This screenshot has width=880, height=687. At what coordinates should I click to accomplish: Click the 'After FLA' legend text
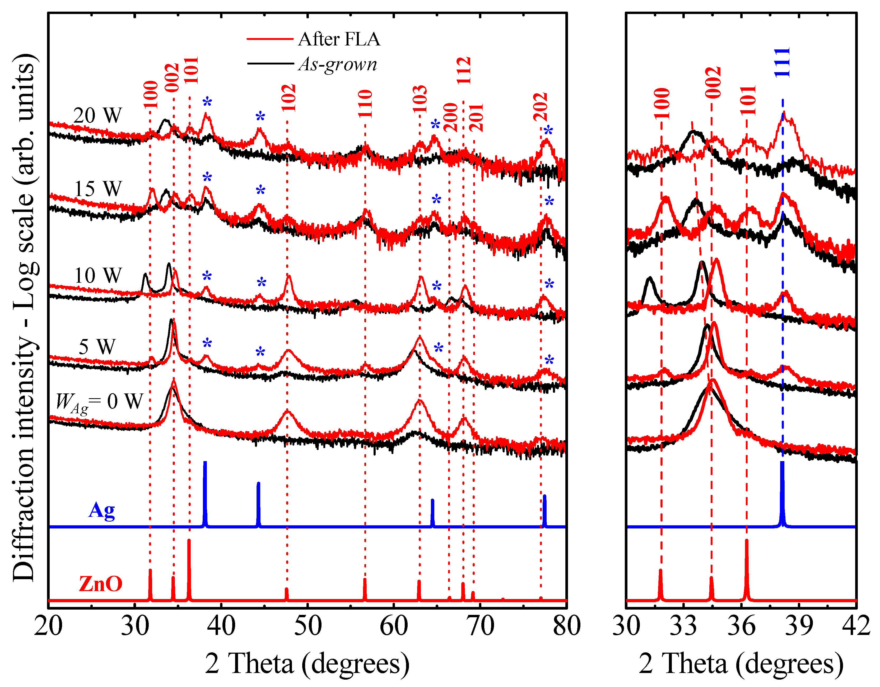(339, 39)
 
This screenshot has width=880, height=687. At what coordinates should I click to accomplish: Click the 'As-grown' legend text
(338, 64)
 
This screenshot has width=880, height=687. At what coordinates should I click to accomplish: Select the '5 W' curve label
(97, 346)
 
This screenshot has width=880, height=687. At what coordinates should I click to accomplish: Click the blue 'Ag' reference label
(101, 510)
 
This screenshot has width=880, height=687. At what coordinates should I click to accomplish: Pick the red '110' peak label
(365, 104)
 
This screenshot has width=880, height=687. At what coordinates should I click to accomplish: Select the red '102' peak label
(288, 98)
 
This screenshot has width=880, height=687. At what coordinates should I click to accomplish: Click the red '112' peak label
(464, 71)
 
